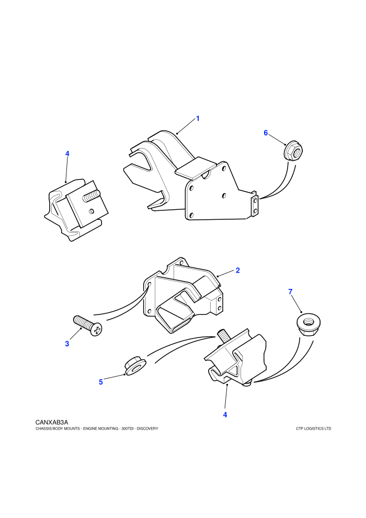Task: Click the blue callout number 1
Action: pyautogui.click(x=198, y=118)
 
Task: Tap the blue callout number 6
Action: pyautogui.click(x=266, y=133)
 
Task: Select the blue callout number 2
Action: pyautogui.click(x=237, y=270)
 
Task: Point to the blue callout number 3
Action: pyautogui.click(x=67, y=344)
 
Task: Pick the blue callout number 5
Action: pyautogui.click(x=101, y=382)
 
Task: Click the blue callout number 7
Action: pyautogui.click(x=290, y=292)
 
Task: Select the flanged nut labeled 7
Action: pyautogui.click(x=308, y=325)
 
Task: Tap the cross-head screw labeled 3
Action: pyautogui.click(x=87, y=325)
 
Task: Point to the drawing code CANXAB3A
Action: pyautogui.click(x=51, y=422)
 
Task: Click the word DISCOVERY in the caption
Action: pyautogui.click(x=147, y=429)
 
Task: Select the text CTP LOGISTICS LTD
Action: pyautogui.click(x=314, y=429)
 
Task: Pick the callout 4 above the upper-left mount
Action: pyautogui.click(x=67, y=154)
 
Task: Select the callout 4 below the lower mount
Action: pyautogui.click(x=225, y=414)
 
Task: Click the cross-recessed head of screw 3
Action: pyautogui.click(x=96, y=330)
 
